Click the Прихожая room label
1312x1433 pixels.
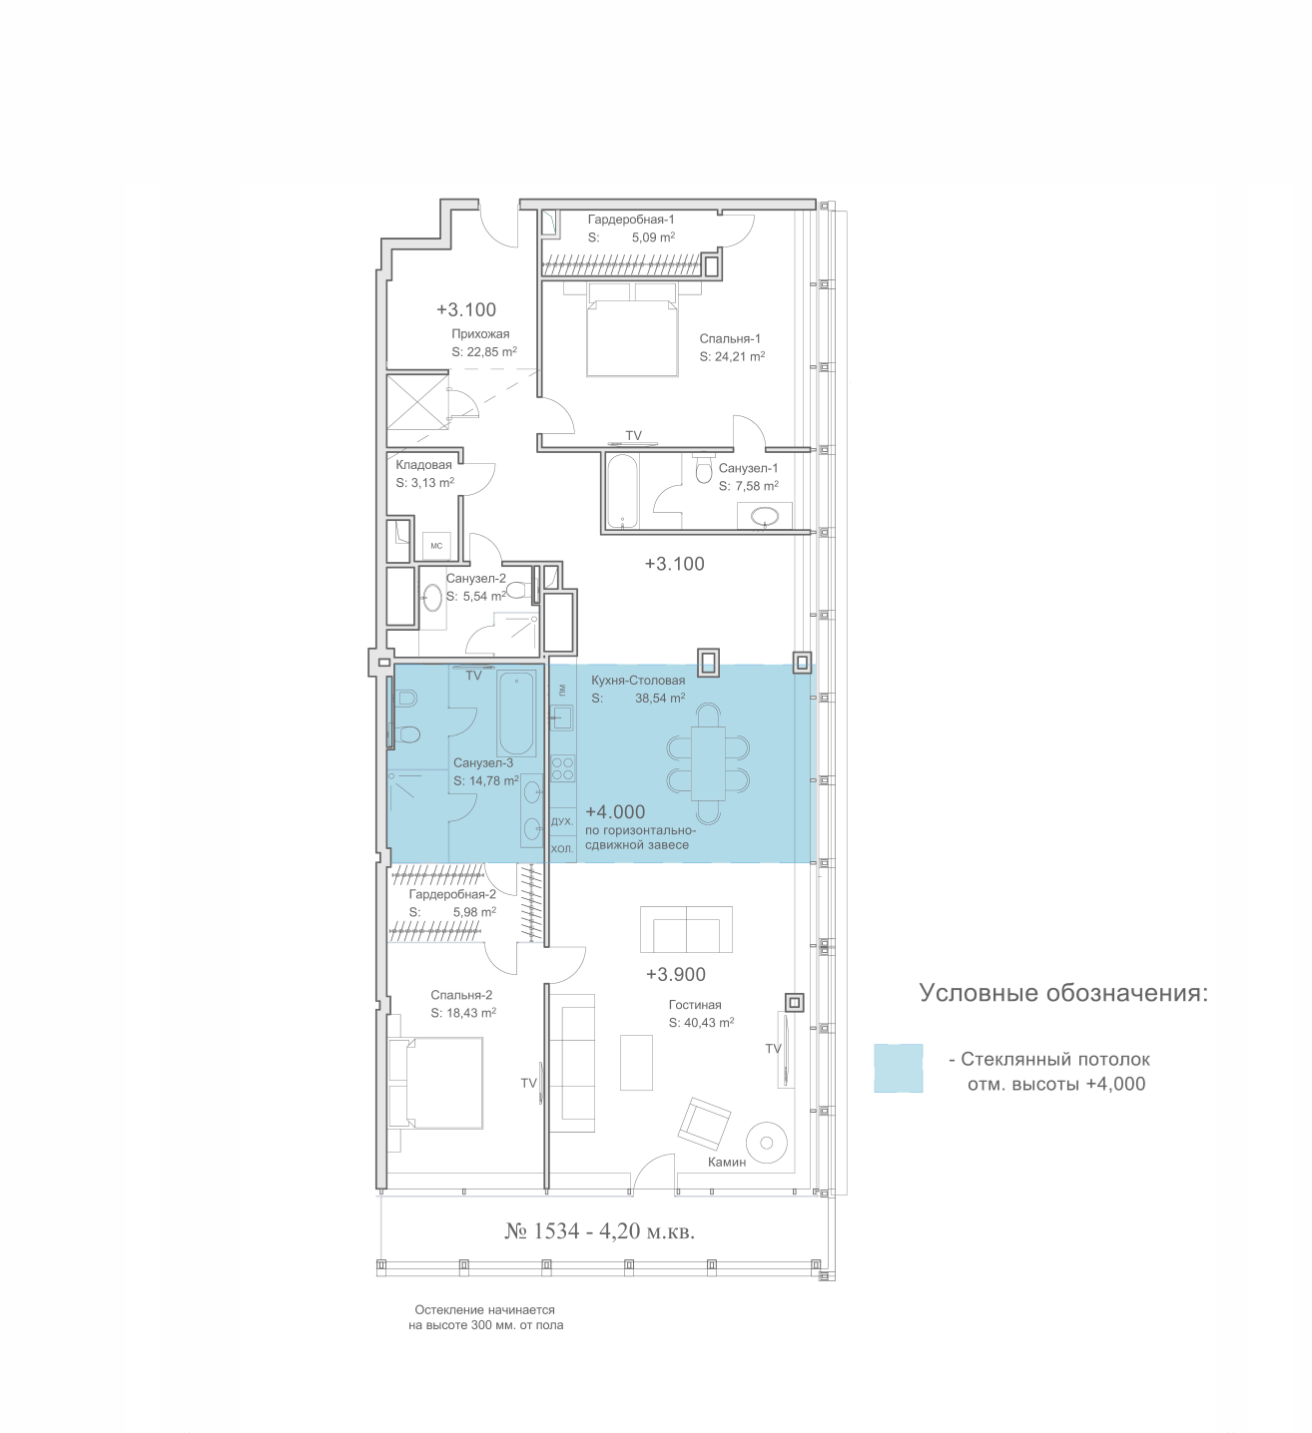[479, 333]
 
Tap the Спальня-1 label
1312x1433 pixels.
[730, 338]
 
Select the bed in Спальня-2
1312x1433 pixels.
[435, 1083]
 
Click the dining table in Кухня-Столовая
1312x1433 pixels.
[708, 763]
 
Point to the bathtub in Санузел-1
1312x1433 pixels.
[622, 492]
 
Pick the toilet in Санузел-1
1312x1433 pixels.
[704, 468]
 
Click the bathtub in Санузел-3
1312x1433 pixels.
[515, 713]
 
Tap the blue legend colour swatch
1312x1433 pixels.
[898, 1069]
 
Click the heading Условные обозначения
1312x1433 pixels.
[1063, 994]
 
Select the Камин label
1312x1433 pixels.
[727, 1163]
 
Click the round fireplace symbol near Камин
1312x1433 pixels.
[767, 1143]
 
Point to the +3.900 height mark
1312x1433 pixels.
[675, 974]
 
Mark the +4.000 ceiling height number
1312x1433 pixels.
[615, 812]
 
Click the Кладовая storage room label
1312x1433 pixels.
[423, 465]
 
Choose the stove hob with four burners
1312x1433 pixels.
[562, 768]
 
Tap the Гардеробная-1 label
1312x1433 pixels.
[631, 220]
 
